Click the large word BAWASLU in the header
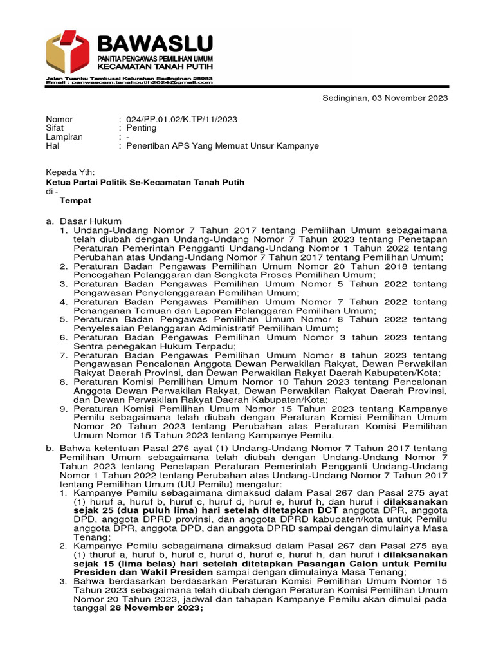tap(154, 45)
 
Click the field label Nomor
tap(59, 119)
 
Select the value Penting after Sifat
tap(141, 128)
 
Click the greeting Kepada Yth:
tap(69, 172)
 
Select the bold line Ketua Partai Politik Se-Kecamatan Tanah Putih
tap(136, 182)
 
